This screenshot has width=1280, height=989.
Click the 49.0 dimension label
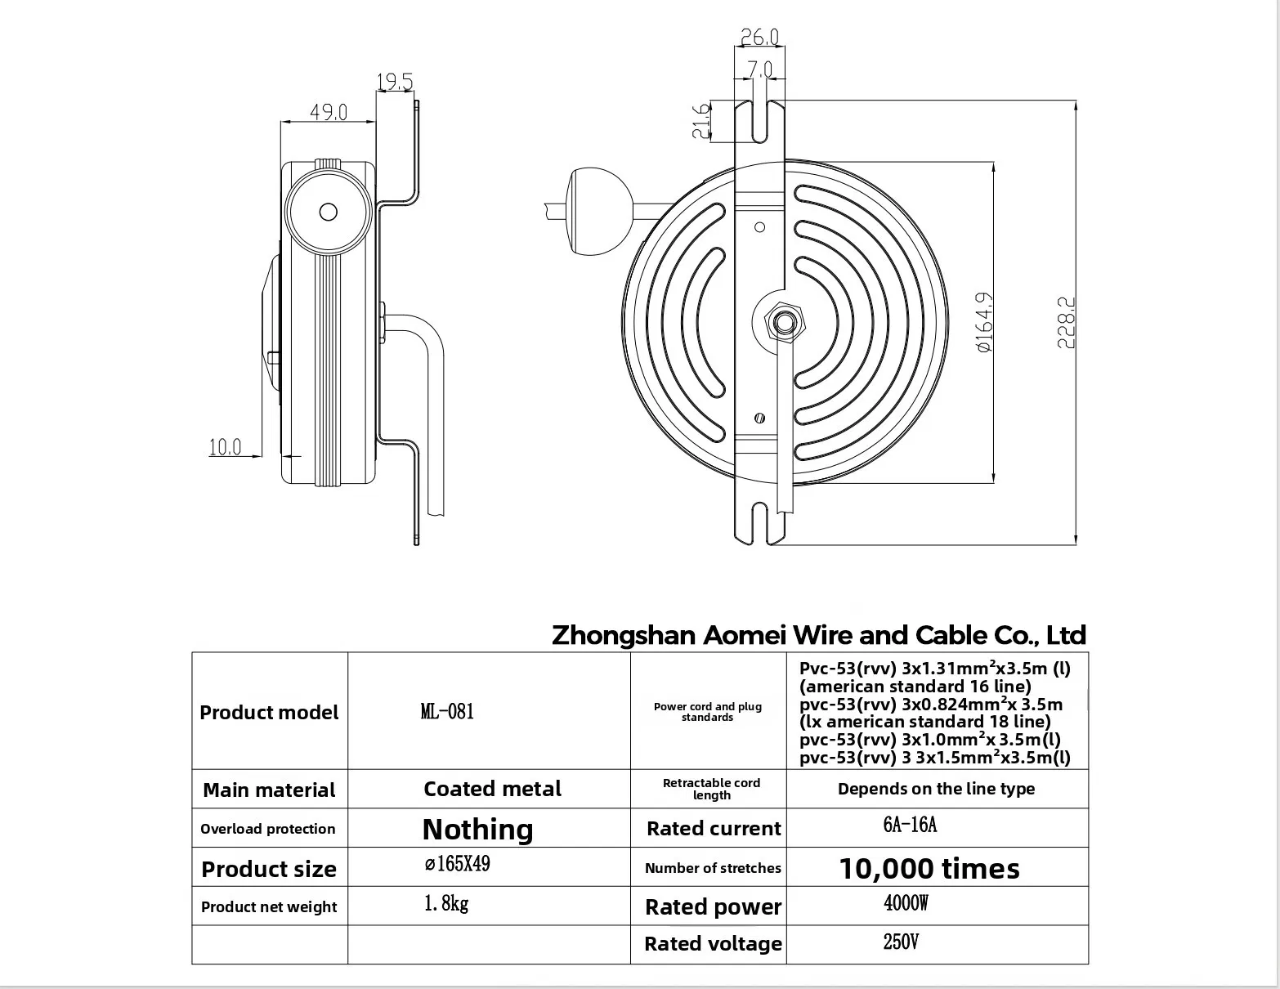click(x=329, y=111)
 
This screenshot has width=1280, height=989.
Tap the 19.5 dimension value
click(x=395, y=81)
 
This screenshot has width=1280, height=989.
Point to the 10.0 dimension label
click(x=225, y=447)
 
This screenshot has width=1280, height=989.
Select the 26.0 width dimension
click(x=759, y=37)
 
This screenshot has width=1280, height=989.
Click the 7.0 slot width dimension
click(x=760, y=69)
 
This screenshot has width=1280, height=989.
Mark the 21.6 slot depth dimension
click(x=701, y=121)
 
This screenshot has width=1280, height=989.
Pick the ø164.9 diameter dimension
click(x=984, y=323)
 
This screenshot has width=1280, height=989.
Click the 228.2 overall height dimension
click(x=1066, y=323)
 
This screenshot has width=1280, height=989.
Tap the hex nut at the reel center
click(x=783, y=322)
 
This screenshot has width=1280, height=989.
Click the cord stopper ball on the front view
click(x=598, y=212)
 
